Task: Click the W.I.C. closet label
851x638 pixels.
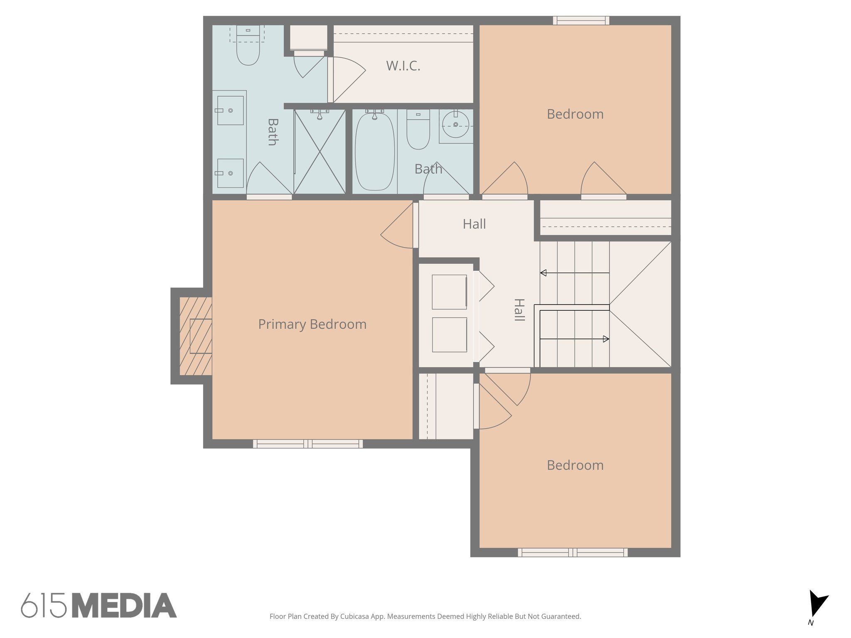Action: [403, 66]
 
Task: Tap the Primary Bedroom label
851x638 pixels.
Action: [312, 324]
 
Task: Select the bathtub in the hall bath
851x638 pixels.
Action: [374, 152]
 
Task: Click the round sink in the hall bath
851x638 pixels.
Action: [455, 124]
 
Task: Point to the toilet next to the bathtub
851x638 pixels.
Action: [418, 130]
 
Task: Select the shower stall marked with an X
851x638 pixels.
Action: [320, 152]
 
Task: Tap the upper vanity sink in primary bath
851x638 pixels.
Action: [230, 110]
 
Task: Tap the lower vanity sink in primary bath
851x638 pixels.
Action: [230, 173]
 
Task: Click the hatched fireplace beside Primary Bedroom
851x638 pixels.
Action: [196, 336]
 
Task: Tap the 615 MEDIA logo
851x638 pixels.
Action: [99, 606]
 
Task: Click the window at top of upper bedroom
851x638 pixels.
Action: [581, 20]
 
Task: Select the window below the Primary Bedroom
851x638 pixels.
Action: [308, 444]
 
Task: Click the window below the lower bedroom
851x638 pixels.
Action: [573, 552]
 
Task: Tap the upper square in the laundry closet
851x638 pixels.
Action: [449, 292]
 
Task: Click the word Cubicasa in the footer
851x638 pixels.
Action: [354, 616]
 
